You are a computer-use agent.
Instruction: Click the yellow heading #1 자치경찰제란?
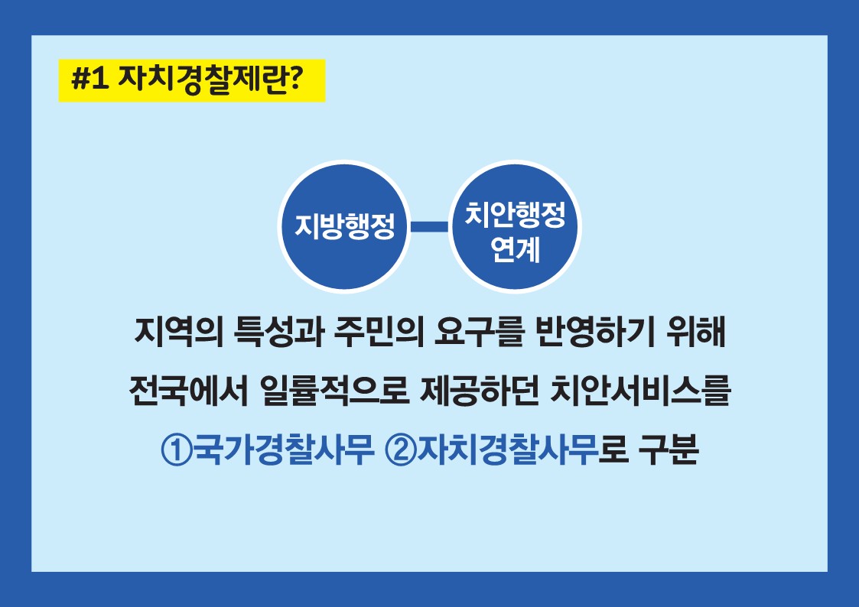(192, 80)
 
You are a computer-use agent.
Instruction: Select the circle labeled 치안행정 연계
(515, 227)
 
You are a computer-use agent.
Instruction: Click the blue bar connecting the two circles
(430, 226)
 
